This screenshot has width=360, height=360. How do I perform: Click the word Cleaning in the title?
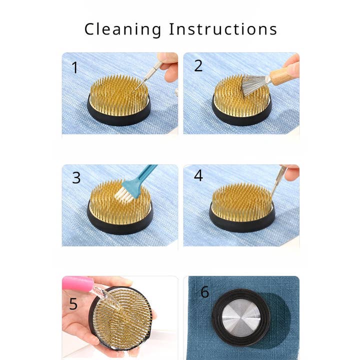coord(123,29)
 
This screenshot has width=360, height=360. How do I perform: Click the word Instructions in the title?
coord(223,29)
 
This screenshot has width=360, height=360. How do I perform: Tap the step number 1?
coord(75,67)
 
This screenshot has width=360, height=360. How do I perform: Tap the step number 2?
coord(198,65)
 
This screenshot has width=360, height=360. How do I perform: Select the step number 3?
coord(76,177)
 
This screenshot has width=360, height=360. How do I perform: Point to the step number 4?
coord(198,175)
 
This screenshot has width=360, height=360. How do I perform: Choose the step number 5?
coord(73,304)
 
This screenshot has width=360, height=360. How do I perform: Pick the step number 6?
coord(205,292)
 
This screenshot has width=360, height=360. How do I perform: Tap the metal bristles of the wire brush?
coord(252,85)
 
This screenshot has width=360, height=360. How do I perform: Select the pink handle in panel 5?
coord(77,283)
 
